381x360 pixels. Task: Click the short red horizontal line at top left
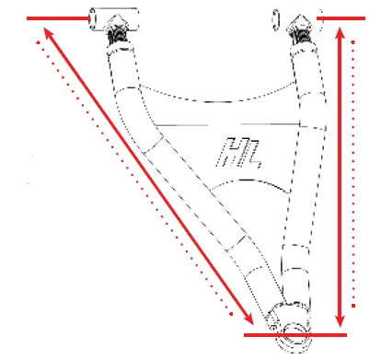[55, 17]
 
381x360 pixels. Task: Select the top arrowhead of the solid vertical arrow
[341, 33]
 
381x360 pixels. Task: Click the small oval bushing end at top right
[276, 18]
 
